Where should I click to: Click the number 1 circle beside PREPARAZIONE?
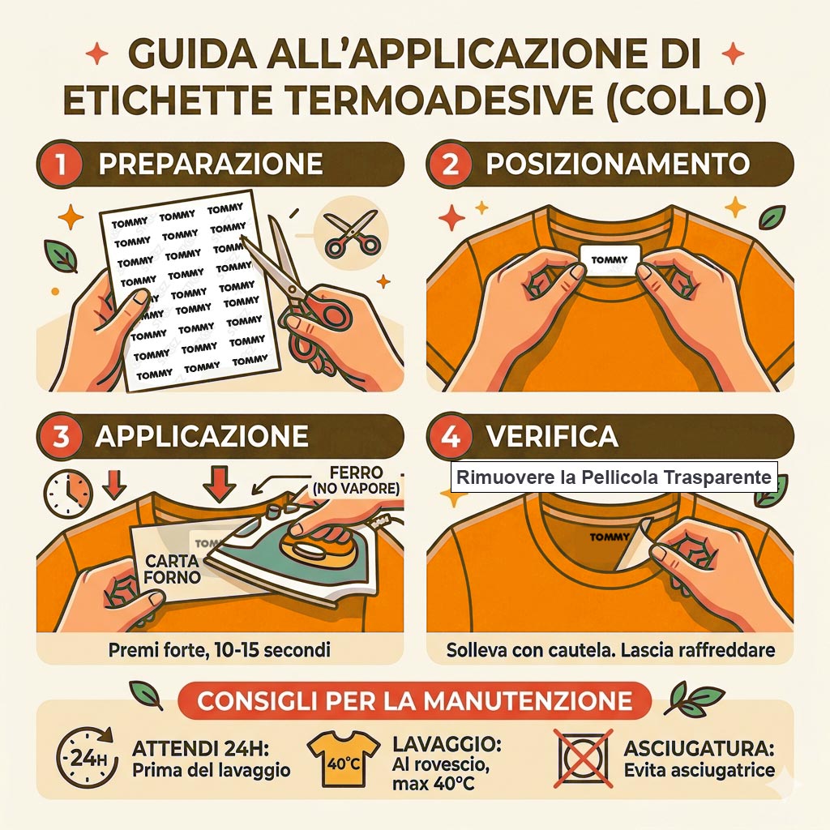[60, 164]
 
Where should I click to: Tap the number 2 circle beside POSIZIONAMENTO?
[449, 164]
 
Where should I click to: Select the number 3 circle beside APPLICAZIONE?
[60, 437]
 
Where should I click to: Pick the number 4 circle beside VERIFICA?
[449, 437]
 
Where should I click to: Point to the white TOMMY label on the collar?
[610, 260]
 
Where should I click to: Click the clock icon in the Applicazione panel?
[68, 494]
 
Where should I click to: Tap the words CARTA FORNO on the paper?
[172, 569]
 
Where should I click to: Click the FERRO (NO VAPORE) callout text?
[356, 480]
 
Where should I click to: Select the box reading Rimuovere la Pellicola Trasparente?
[614, 477]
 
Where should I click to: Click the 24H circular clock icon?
[86, 758]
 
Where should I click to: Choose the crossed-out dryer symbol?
[584, 758]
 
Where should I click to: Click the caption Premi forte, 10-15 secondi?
[219, 650]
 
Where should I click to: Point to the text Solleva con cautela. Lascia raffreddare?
[610, 650]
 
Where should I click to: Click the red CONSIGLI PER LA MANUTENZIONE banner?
[415, 701]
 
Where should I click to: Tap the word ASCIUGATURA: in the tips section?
[699, 748]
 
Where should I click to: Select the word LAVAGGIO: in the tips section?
[447, 744]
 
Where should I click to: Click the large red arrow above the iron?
[219, 483]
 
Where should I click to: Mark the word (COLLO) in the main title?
[687, 101]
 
